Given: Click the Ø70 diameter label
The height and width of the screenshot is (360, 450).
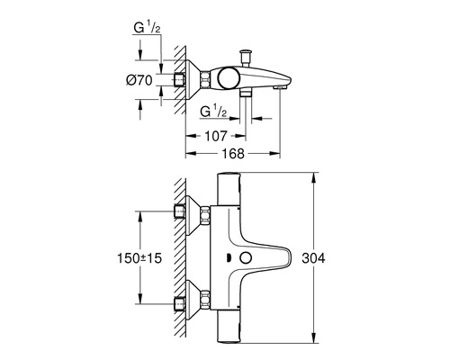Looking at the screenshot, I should pos(140,80).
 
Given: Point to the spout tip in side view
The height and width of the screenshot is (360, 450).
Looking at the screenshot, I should pos(286,84).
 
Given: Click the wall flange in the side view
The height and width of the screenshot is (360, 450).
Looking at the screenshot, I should pos(193,80).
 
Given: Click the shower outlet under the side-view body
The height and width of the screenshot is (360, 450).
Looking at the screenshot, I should pos(248,93).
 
